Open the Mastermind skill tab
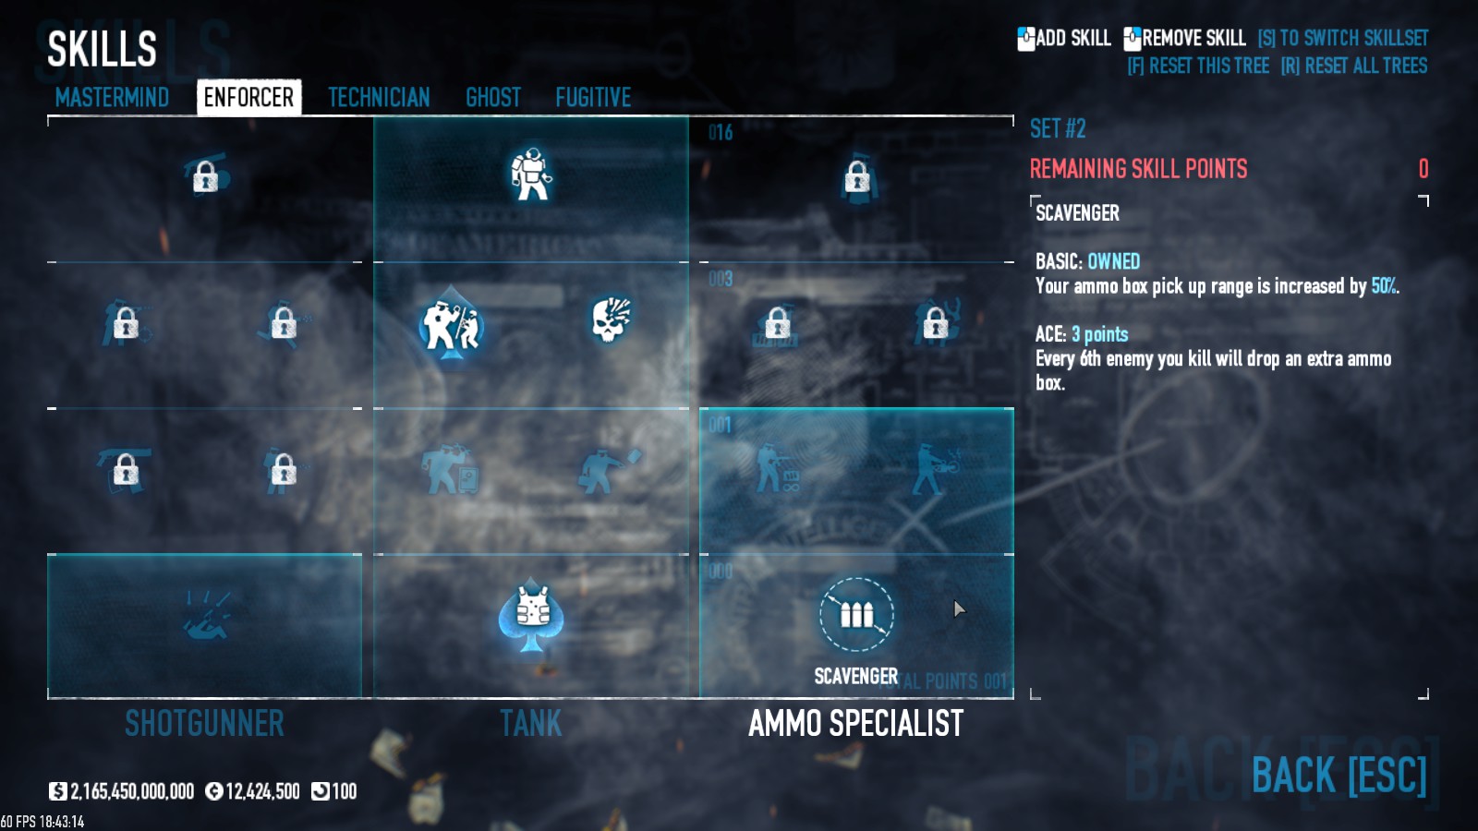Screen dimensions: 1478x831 [x=112, y=97]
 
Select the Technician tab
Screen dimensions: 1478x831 [x=379, y=97]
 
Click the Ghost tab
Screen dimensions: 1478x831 [x=493, y=97]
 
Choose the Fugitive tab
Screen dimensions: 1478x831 [x=593, y=97]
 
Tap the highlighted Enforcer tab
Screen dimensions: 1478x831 [x=248, y=97]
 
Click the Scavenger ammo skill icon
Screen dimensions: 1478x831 [x=856, y=614]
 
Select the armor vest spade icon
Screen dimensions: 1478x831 [x=531, y=613]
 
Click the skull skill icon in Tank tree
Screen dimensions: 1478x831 [x=611, y=319]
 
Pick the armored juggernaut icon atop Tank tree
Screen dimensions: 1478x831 [x=531, y=174]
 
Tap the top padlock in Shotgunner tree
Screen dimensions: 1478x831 [x=205, y=175]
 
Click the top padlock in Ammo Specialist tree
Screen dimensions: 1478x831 [x=857, y=175]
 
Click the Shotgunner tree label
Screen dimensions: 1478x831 [x=204, y=723]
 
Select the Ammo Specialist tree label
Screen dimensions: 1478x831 [x=855, y=723]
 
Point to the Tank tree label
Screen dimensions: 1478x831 [x=530, y=723]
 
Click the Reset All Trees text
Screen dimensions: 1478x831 [x=1354, y=66]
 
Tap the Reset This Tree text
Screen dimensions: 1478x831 [x=1198, y=66]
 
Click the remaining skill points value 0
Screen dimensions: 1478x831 [x=1423, y=169]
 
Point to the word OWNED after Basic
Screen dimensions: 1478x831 [x=1113, y=261]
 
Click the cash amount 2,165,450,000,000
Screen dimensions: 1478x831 [x=132, y=791]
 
